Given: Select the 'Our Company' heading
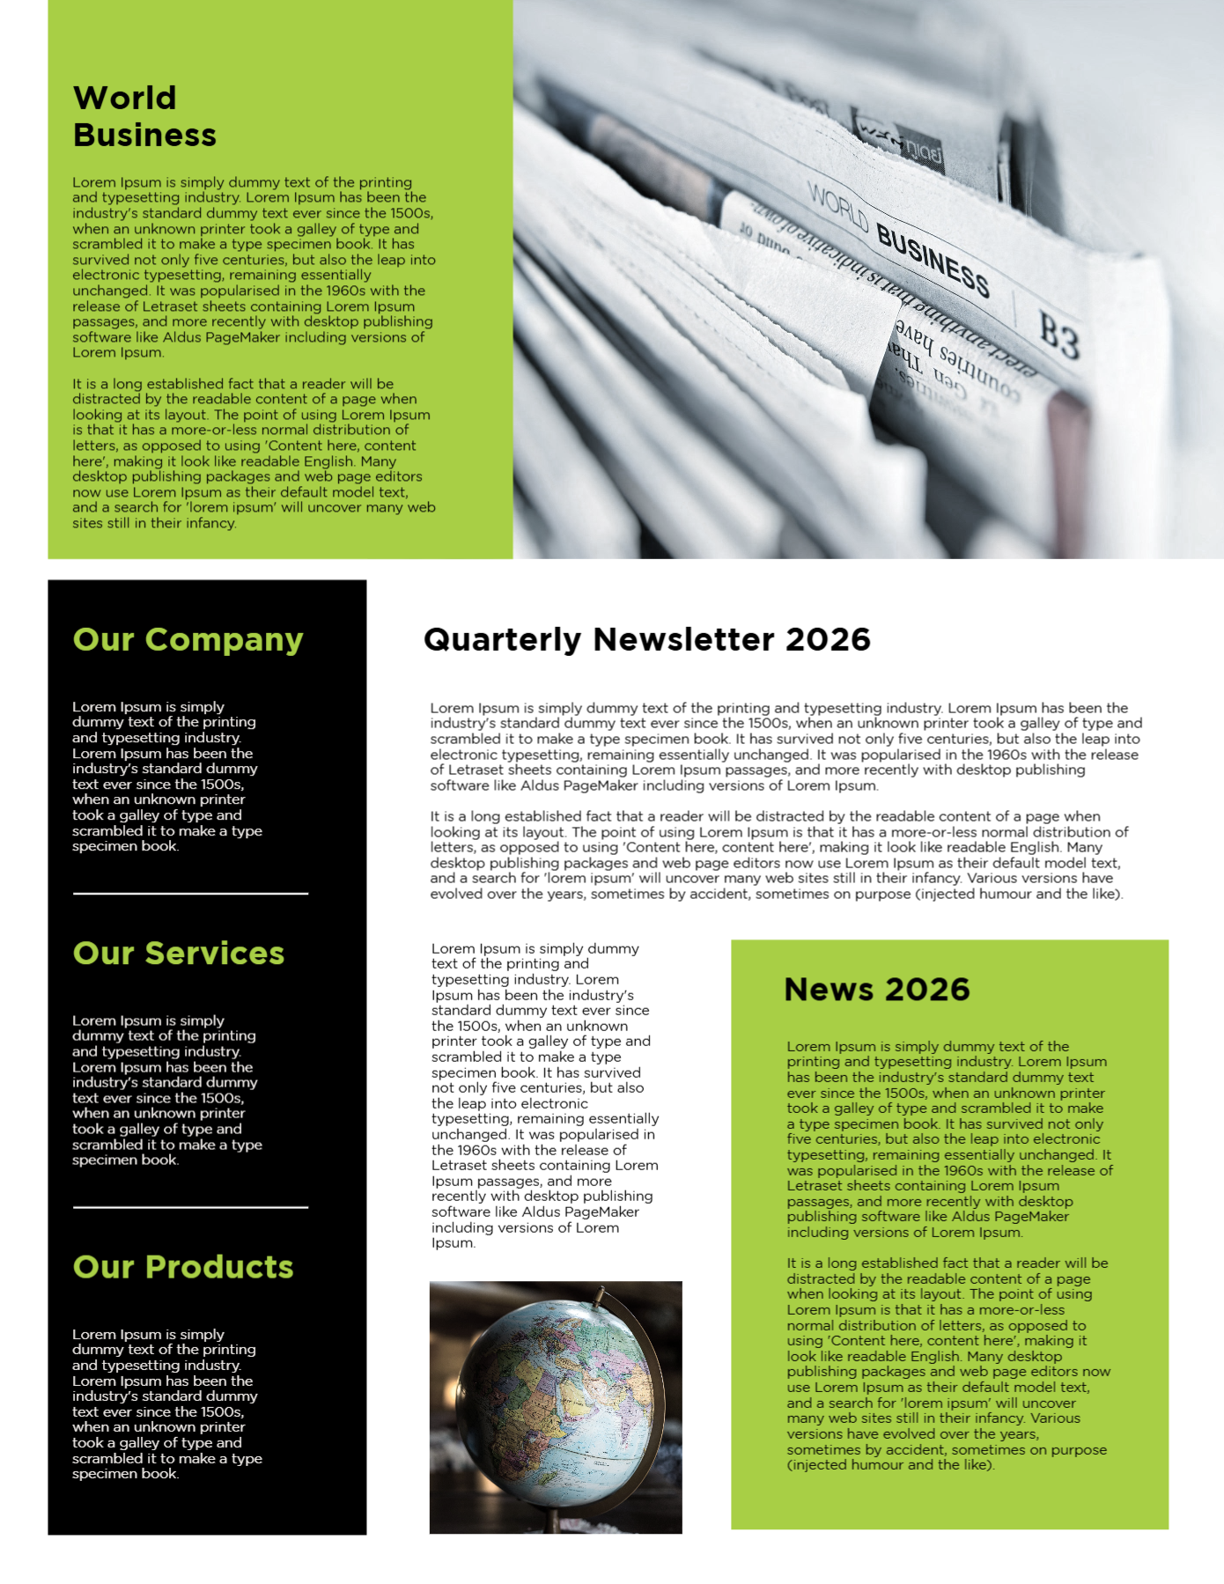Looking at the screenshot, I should tap(188, 640).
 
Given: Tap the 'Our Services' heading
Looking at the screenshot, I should tap(179, 954).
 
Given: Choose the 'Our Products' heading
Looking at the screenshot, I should tap(183, 1267).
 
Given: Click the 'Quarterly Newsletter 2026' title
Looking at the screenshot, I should tap(646, 639).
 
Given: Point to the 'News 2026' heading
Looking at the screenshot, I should tap(876, 990).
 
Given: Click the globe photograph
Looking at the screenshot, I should tap(556, 1406).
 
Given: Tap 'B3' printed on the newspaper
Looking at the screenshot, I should tap(1058, 335).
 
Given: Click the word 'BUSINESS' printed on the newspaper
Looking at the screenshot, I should tap(933, 261).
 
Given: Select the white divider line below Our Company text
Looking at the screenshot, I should tap(190, 894).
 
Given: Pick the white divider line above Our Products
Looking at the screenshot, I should tap(190, 1207).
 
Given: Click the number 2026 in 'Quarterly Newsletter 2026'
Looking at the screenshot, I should tap(828, 639).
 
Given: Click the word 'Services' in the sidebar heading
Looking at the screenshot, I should tap(215, 954).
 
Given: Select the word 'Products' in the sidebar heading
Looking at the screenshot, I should tap(219, 1267).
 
